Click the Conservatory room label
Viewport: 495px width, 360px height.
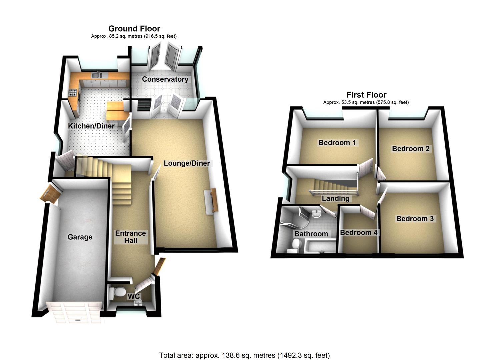[165, 79]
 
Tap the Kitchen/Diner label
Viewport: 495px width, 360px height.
[91, 126]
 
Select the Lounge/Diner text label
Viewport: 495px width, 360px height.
[187, 163]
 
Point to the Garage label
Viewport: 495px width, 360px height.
[80, 237]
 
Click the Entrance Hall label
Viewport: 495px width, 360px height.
[130, 237]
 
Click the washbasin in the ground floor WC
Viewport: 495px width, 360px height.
[139, 302]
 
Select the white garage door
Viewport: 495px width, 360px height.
[74, 312]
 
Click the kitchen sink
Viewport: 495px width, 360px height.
[98, 76]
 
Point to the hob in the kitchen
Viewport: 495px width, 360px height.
[73, 93]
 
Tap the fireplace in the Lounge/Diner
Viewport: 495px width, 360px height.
[212, 201]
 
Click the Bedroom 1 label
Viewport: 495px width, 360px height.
[337, 143]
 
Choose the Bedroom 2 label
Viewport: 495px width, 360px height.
[411, 149]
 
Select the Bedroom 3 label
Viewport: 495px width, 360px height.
[415, 219]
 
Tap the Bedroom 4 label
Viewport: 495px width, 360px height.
[359, 232]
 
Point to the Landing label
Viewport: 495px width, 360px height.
[335, 199]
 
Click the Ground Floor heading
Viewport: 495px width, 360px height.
[134, 29]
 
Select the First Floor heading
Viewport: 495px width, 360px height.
[366, 95]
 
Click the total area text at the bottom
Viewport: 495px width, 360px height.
[244, 355]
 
